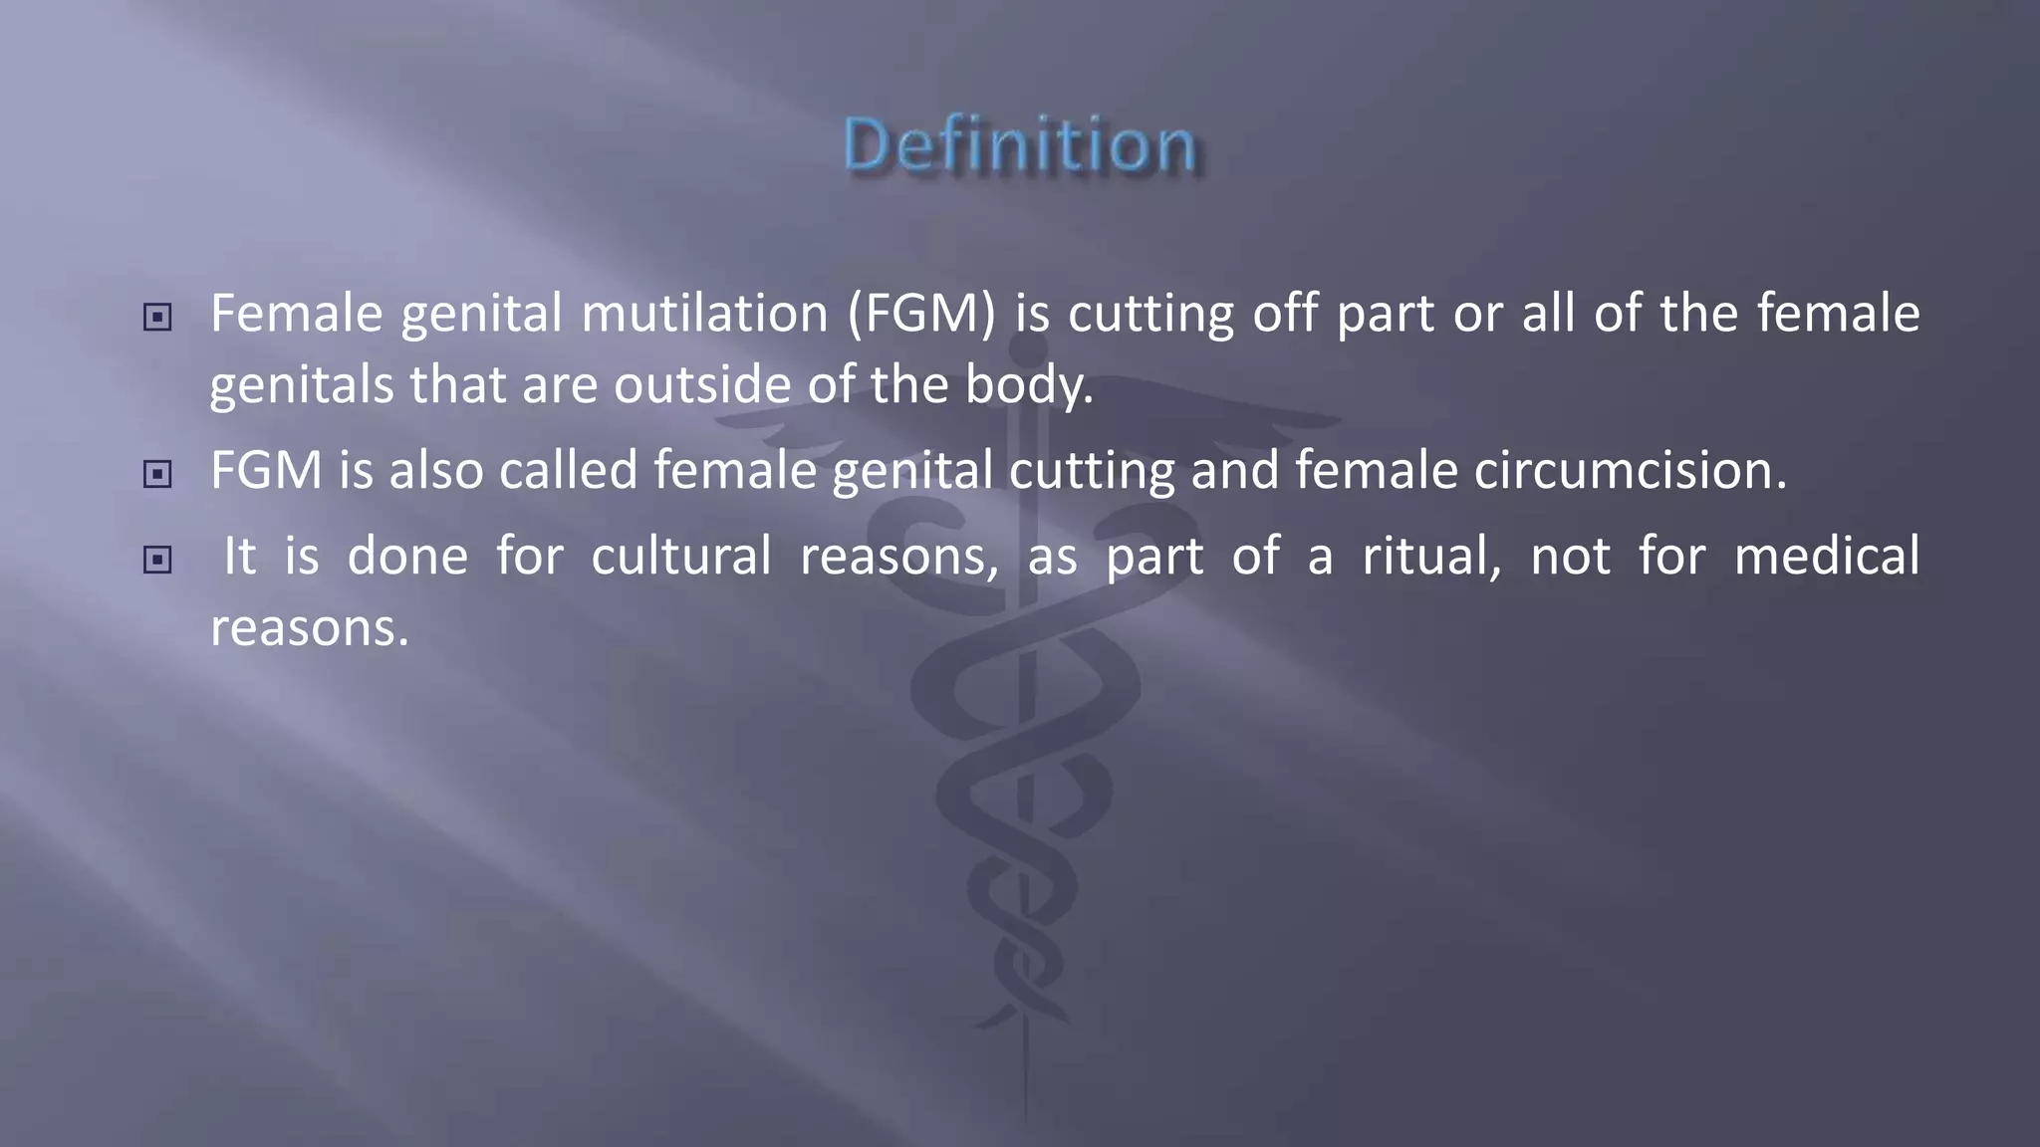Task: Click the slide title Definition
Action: pyautogui.click(x=1020, y=145)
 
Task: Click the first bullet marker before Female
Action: pyautogui.click(x=157, y=318)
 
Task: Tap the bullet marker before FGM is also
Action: pyautogui.click(x=157, y=474)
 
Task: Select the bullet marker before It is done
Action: pyautogui.click(x=157, y=560)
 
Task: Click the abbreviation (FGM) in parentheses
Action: pyautogui.click(x=921, y=315)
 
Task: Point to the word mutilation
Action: pyautogui.click(x=704, y=315)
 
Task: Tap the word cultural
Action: pyautogui.click(x=681, y=557)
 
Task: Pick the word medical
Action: pyautogui.click(x=1827, y=557)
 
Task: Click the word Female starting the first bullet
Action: pyautogui.click(x=297, y=315)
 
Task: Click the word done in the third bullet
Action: pyautogui.click(x=407, y=557)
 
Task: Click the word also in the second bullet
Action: pyautogui.click(x=436, y=471)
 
